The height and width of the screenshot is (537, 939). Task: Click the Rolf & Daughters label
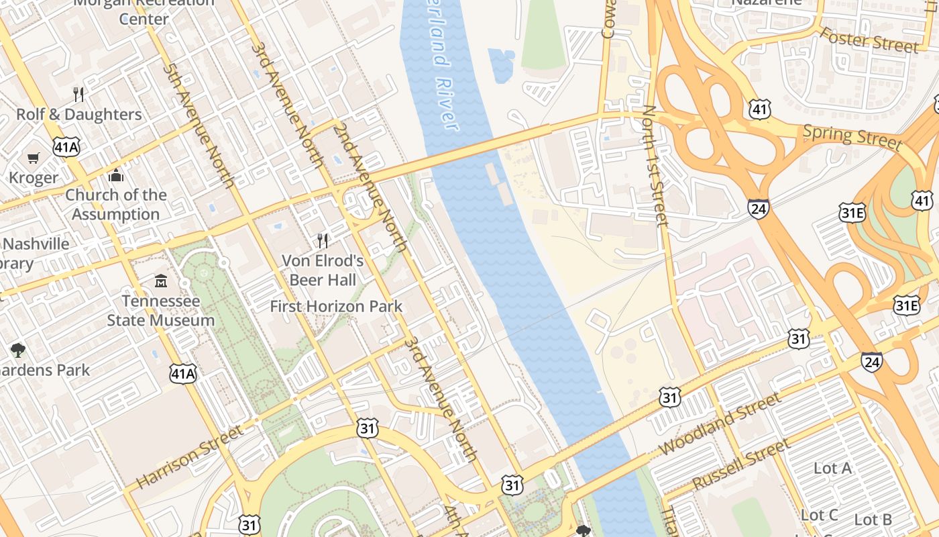79,114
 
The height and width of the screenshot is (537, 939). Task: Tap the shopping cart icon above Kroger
34,158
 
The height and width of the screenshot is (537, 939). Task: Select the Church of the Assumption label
116,204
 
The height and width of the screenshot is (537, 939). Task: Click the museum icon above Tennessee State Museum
161,281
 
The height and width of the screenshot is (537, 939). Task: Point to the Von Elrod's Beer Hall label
323,270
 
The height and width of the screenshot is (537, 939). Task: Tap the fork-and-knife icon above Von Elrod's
323,241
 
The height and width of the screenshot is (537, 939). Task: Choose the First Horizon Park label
336,307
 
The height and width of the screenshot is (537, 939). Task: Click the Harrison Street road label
189,456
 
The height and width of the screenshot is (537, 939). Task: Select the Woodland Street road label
720,424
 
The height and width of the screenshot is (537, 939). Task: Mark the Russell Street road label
742,464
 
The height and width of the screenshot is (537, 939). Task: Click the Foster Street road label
869,40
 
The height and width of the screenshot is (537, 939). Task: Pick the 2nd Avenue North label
370,187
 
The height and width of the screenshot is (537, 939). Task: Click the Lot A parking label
832,468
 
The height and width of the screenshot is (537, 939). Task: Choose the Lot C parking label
820,515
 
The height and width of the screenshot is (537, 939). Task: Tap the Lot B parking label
873,520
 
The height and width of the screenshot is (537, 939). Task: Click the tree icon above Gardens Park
18,350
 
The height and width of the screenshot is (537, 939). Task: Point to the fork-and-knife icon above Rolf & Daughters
79,94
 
